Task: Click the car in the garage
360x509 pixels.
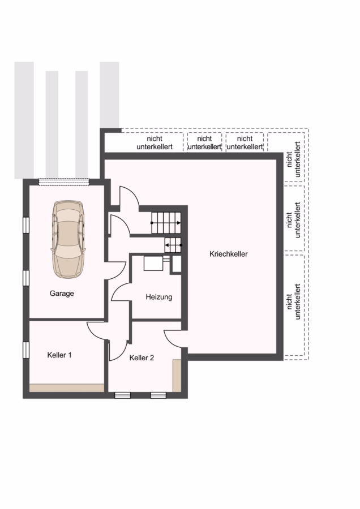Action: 68,240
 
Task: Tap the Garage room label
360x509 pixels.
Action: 62,294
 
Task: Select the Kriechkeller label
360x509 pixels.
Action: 229,254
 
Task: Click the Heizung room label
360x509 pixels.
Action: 159,297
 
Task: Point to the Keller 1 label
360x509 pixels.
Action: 59,355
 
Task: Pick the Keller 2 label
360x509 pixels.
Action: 142,358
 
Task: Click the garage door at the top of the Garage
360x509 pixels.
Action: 64,182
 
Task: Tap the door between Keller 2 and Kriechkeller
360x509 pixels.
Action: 173,339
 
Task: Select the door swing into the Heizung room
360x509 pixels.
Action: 121,292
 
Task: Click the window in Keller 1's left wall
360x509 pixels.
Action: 26,350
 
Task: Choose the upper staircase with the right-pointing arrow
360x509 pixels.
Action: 166,223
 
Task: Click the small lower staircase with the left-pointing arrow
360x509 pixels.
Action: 173,245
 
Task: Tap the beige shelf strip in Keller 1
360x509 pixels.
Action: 67,388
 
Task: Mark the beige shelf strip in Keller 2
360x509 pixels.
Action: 177,376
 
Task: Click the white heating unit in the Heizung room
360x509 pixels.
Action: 153,263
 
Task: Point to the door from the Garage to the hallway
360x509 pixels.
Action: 115,270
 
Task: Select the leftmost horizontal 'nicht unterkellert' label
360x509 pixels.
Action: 155,143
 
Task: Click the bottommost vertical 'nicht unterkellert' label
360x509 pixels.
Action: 293,302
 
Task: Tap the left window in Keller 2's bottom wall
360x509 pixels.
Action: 123,395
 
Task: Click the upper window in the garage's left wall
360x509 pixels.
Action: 26,225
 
